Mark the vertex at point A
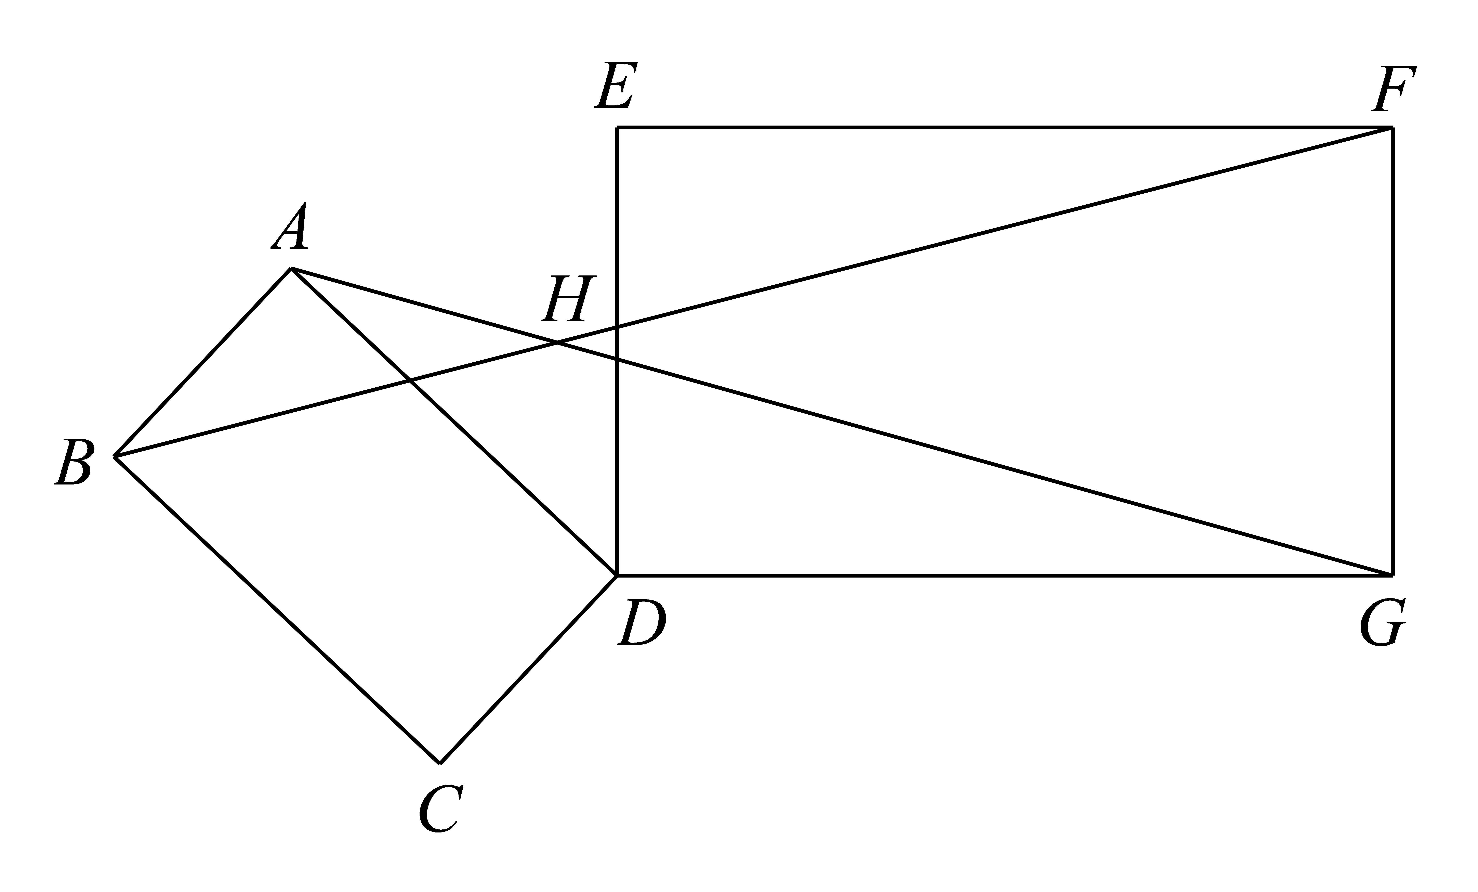[x=291, y=269]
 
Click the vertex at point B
[x=115, y=456]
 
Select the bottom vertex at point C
[x=440, y=764]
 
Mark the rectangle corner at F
[x=1392, y=127]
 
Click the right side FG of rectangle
[x=1392, y=351]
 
